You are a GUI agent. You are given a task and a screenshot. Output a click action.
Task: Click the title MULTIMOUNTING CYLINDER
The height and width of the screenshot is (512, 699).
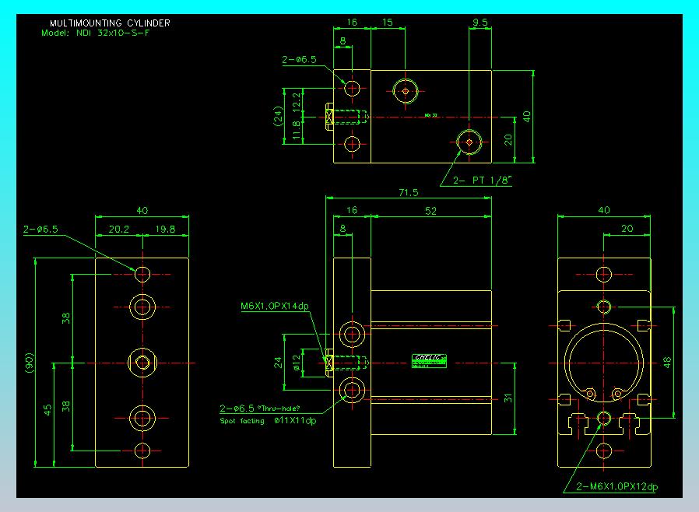(110, 23)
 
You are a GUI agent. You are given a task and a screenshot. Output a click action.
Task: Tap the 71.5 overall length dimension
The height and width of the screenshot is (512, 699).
(409, 192)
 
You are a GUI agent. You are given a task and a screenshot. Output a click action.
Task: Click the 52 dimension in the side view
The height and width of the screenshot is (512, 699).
(430, 210)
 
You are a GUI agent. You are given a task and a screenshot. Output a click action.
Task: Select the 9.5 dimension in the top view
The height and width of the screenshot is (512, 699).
(480, 23)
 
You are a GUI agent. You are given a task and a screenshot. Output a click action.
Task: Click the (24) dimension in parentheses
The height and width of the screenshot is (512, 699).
(278, 117)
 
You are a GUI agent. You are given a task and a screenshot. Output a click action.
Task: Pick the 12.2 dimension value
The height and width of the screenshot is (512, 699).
(297, 100)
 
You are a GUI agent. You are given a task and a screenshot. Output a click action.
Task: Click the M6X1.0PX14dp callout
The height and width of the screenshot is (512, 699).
(275, 306)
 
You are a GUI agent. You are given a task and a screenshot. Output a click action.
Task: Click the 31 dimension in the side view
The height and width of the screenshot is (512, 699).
(508, 398)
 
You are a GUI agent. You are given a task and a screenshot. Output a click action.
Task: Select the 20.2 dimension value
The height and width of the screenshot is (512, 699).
(120, 230)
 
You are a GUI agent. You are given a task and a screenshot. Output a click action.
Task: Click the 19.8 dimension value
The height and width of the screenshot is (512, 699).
(164, 230)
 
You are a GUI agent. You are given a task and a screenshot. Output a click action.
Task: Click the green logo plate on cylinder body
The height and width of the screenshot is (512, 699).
(429, 359)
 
